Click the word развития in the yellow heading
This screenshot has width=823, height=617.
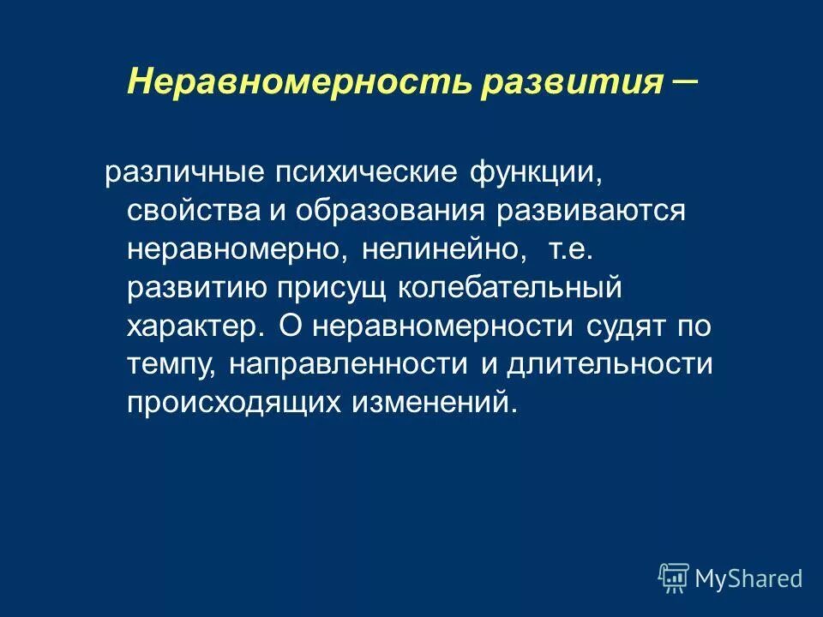coord(573,82)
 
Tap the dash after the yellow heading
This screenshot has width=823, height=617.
coord(683,78)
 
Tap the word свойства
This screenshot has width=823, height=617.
coord(189,211)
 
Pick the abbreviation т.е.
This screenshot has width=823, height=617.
coord(569,249)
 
